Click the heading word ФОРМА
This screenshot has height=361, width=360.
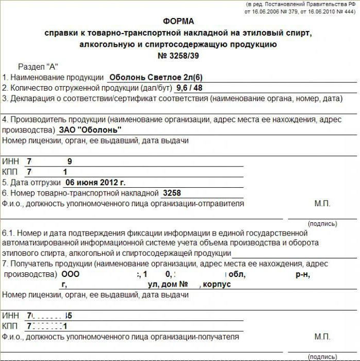pos(179,22)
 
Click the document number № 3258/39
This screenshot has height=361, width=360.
pos(178,56)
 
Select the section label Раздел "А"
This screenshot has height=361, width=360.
pos(39,67)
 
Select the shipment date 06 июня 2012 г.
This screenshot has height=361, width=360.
pos(95,182)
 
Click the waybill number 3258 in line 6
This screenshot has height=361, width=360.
pos(172,193)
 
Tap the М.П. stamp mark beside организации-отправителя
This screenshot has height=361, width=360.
pos(322,204)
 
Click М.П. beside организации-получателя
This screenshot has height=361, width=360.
pos(322,337)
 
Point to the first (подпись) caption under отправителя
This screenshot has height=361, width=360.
pos(322,224)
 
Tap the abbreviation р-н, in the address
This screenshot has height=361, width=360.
pos(302,274)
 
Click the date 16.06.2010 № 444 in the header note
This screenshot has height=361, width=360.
pos(329,11)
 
